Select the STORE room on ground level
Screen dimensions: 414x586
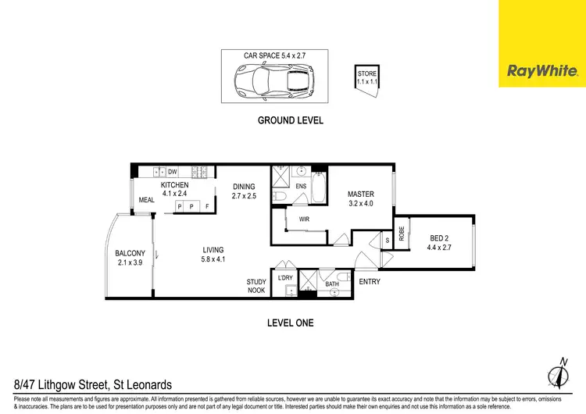pyautogui.click(x=366, y=79)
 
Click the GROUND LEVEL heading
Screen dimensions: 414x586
pyautogui.click(x=291, y=121)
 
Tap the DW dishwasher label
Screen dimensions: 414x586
pyautogui.click(x=172, y=171)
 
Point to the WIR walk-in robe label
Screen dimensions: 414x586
pyautogui.click(x=305, y=219)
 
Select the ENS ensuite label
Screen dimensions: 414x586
pyautogui.click(x=301, y=186)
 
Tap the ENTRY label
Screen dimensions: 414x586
pyautogui.click(x=369, y=281)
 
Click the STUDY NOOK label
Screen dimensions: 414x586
pyautogui.click(x=256, y=286)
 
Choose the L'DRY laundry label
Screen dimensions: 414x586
pyautogui.click(x=285, y=277)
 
